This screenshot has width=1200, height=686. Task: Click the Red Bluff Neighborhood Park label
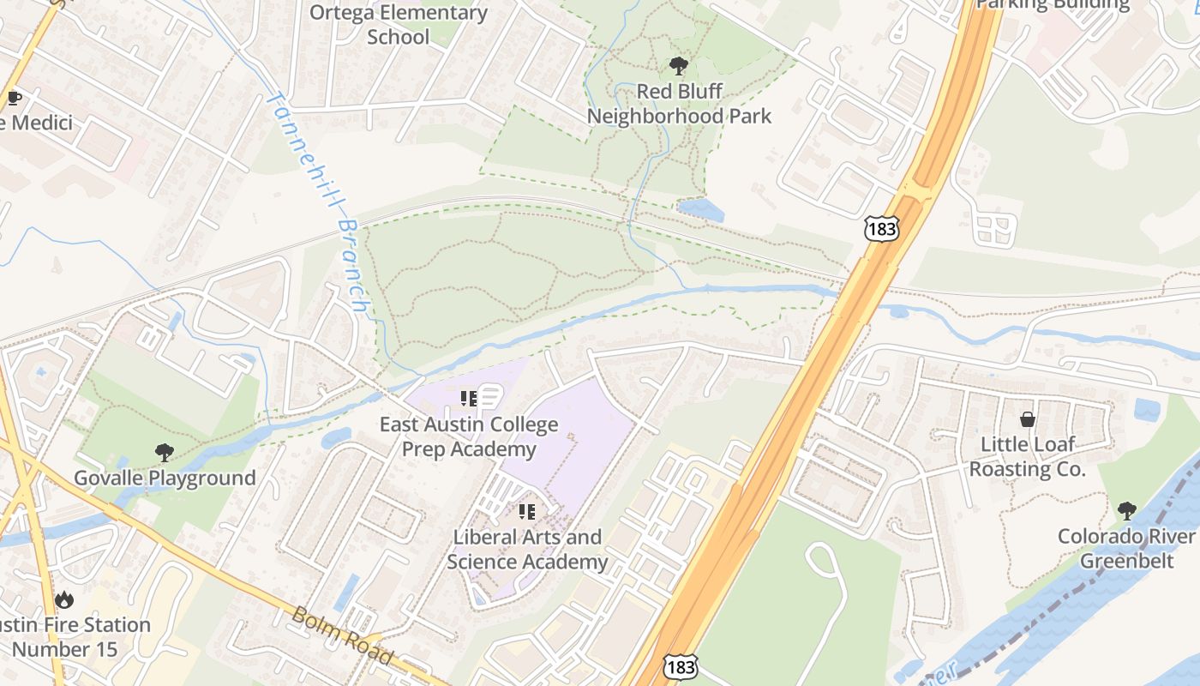pyautogui.click(x=679, y=103)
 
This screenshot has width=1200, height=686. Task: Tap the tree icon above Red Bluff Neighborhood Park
pyautogui.click(x=678, y=65)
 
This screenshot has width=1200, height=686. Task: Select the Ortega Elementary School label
pyautogui.click(x=398, y=25)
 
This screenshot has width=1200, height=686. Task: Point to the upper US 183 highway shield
pyautogui.click(x=880, y=229)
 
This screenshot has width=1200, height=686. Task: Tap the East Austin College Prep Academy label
pyautogui.click(x=469, y=436)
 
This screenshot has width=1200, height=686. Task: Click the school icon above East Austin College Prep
pyautogui.click(x=469, y=398)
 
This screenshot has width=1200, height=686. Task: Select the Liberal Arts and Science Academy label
pyautogui.click(x=527, y=550)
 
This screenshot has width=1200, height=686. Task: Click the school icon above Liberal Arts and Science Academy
pyautogui.click(x=527, y=512)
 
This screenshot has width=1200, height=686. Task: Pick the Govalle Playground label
pyautogui.click(x=165, y=478)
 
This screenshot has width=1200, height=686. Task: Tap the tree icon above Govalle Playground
pyautogui.click(x=164, y=452)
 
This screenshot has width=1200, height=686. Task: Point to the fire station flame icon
pyautogui.click(x=63, y=599)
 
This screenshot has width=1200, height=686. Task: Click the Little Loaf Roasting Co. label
pyautogui.click(x=1027, y=457)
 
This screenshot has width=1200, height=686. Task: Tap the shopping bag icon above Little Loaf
pyautogui.click(x=1027, y=419)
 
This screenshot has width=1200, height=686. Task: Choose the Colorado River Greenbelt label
pyautogui.click(x=1126, y=549)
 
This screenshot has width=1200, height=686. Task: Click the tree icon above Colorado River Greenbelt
pyautogui.click(x=1126, y=511)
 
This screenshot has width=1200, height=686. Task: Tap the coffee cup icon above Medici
pyautogui.click(x=14, y=98)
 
